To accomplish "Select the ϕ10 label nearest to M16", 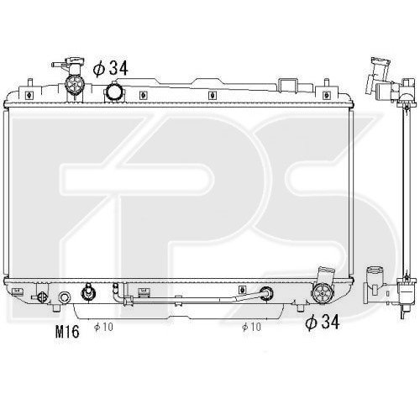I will pos(102,327).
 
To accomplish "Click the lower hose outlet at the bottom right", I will pos(320,293).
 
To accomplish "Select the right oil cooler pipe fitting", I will pos(266,295).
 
